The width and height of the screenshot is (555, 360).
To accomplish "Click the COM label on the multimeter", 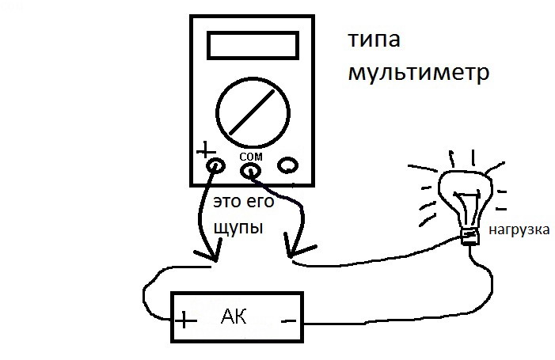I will tap(250, 154).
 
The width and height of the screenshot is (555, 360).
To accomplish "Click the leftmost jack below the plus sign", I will tap(214, 167).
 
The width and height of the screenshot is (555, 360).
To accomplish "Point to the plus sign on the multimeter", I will tap(205, 149).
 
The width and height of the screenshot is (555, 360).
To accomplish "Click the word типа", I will tap(374, 40).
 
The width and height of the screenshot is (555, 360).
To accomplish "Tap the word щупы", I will tap(239, 226).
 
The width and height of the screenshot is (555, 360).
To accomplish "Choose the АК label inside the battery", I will tap(235, 317).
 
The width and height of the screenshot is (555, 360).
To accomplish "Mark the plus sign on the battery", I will tap(185, 320).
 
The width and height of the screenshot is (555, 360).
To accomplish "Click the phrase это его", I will tap(244, 201).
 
